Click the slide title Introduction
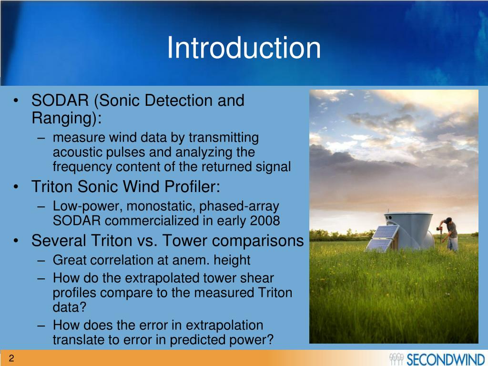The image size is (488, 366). [244, 48]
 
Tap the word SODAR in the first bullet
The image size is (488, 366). [60, 101]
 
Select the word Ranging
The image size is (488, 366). [64, 118]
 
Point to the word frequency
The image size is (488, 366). [82, 167]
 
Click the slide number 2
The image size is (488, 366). [11, 358]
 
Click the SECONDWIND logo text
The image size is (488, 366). [445, 359]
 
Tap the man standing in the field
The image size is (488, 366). [450, 234]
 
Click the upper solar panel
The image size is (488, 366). [386, 232]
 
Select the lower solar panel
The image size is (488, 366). [379, 245]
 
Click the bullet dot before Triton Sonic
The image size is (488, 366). [16, 187]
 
